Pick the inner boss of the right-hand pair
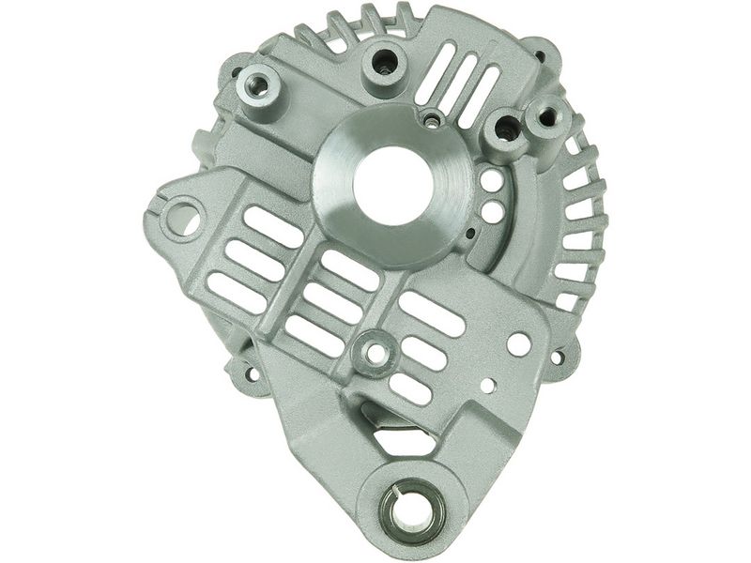[x=504, y=131]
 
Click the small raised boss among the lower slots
[x=376, y=353]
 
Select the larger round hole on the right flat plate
[x=518, y=343]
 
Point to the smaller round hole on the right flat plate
[x=487, y=384]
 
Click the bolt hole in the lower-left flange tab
[x=250, y=373]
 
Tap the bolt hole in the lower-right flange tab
[x=558, y=358]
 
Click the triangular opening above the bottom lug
[x=397, y=432]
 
